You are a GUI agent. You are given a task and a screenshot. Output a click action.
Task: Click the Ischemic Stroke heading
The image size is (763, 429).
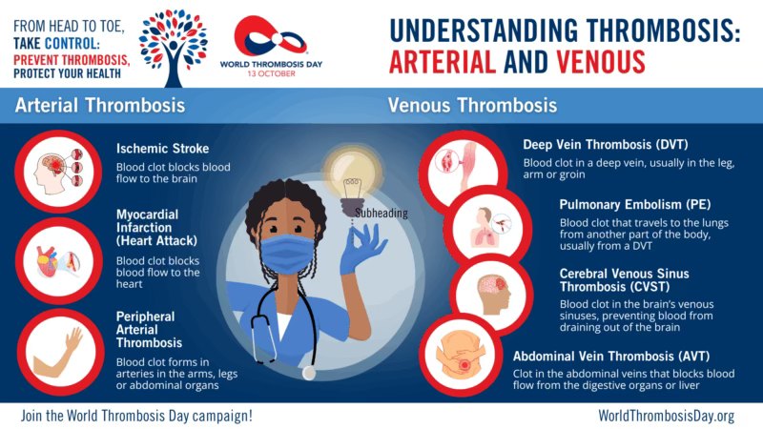click(162, 149)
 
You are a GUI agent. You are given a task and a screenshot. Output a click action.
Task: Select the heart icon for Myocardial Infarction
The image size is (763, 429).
click(58, 261)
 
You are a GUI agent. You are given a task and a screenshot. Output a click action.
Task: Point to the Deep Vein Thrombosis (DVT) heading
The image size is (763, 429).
click(606, 145)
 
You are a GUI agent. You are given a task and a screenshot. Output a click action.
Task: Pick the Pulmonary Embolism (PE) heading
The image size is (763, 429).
click(635, 204)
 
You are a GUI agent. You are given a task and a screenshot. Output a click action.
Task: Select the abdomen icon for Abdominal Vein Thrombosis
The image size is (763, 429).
click(461, 354)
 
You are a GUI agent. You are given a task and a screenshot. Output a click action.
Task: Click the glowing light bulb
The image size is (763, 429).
click(353, 177)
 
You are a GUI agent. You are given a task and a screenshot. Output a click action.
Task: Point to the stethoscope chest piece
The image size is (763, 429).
click(308, 373)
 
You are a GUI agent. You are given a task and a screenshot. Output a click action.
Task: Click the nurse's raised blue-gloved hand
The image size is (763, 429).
click(362, 250)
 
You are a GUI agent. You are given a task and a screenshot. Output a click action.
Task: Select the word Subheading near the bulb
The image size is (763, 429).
click(381, 213)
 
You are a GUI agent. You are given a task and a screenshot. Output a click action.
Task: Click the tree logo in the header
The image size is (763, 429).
click(174, 48)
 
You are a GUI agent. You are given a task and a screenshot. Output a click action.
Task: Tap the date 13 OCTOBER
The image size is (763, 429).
click(271, 73)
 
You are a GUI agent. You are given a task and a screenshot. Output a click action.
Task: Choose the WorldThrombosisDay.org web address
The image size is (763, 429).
click(666, 416)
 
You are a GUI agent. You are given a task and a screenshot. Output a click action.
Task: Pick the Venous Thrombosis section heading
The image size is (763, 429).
click(472, 106)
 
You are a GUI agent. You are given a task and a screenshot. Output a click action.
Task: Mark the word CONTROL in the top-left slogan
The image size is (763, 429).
click(72, 43)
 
